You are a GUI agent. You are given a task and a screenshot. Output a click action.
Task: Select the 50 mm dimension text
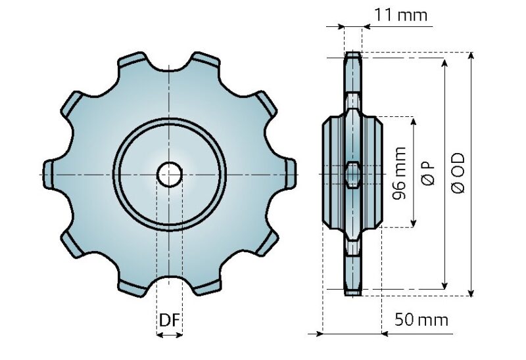[421, 320]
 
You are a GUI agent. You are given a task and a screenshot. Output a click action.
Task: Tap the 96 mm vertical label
[398, 173]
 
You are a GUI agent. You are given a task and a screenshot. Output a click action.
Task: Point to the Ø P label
[428, 173]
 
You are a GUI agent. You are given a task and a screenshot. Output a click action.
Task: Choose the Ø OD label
[458, 173]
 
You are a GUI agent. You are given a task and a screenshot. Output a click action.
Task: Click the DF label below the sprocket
[169, 321]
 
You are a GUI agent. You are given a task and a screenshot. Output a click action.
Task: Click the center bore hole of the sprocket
[170, 174]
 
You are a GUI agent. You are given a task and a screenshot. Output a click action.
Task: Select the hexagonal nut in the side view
[353, 174]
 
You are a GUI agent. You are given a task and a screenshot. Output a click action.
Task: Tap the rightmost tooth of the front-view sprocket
[289, 174]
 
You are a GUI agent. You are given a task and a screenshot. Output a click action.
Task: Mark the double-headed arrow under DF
[170, 335]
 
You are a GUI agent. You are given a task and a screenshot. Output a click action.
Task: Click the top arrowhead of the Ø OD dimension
[471, 57]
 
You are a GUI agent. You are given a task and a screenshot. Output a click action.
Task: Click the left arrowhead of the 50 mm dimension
[321, 334]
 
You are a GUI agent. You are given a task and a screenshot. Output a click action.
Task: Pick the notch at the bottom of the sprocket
[170, 283]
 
